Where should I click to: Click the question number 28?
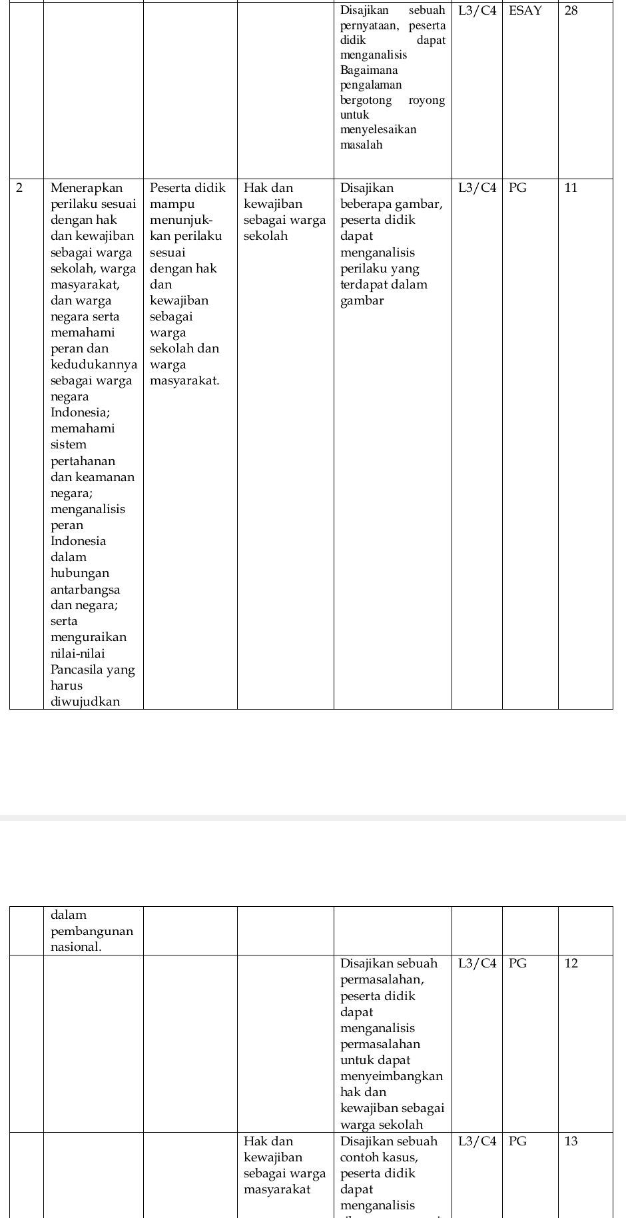coord(571,11)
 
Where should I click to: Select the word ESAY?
coord(525,11)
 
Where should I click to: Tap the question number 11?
coord(571,188)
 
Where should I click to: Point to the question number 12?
coord(572,963)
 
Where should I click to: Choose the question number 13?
coord(571,1141)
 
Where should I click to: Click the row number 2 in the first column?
coord(19,188)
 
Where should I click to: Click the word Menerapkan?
coord(87,188)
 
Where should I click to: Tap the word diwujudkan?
coord(85,702)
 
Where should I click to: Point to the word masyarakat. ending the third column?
coord(184,380)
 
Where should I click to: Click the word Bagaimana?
coord(369,70)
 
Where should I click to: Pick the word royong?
coord(427,100)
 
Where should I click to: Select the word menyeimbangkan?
coord(392,1076)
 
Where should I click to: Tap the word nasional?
coord(76,947)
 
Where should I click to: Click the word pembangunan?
coord(92,931)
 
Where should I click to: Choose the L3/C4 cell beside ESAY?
coord(477,11)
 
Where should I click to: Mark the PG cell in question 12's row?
coord(517,963)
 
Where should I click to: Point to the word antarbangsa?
coord(85,590)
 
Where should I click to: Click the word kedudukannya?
coord(94,364)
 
